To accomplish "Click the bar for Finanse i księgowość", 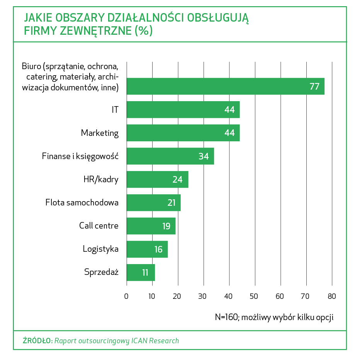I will point(170,156).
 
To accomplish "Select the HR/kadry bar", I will point(157,180).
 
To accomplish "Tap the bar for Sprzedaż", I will point(141,273).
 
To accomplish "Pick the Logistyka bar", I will point(147,249).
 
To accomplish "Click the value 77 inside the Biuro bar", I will point(314,86).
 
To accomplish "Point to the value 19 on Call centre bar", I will point(166,226).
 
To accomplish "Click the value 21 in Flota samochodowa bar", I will point(172,203).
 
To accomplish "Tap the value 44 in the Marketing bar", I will point(229,133).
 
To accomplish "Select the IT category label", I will point(115,110).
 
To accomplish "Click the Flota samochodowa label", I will point(82,203).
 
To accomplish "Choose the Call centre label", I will point(98,226).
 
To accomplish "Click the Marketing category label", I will point(100,133).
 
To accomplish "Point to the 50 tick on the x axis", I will point(255,297).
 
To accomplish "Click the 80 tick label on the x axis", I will point(332,297).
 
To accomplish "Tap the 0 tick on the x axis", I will point(126,297).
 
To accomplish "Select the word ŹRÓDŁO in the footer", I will point(37,341).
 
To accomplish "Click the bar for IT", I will point(183,110).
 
